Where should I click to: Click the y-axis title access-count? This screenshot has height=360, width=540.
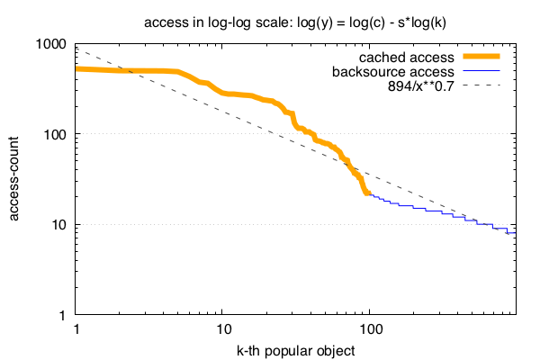[16, 179]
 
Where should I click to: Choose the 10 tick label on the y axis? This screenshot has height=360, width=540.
[59, 225]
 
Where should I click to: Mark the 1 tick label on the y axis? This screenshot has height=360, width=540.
[63, 315]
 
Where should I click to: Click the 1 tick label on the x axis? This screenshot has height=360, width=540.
[76, 329]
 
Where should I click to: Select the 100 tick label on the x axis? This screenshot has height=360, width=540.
[370, 329]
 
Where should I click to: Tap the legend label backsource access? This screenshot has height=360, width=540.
[392, 71]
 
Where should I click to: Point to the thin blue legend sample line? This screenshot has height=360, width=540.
[482, 71]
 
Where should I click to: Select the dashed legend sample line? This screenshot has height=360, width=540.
[482, 85]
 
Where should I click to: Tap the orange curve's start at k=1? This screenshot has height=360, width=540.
[77, 68]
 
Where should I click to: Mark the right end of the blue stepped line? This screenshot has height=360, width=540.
[516, 233]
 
